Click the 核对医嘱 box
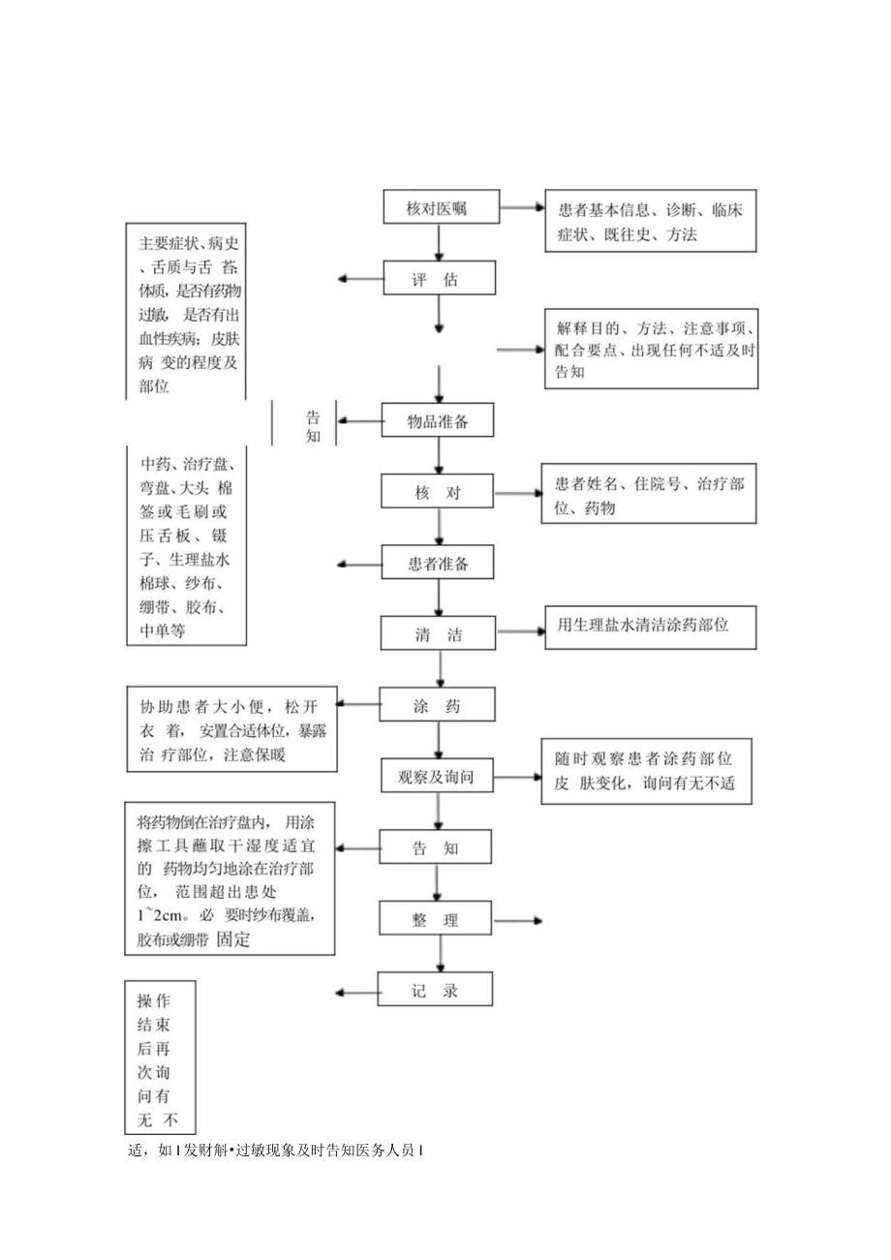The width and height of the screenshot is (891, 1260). (440, 207)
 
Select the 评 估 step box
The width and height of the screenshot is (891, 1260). (440, 280)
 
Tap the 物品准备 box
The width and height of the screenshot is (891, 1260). (440, 420)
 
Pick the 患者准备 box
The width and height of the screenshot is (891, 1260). (440, 563)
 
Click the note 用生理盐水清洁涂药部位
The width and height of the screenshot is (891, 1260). (649, 627)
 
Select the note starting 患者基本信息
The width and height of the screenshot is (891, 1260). (649, 222)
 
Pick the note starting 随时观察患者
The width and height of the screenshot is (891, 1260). (649, 772)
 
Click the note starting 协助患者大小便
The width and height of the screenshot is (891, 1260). (232, 730)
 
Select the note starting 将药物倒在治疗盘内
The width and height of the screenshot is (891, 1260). (230, 878)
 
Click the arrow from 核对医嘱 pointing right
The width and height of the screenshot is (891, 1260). (523, 207)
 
